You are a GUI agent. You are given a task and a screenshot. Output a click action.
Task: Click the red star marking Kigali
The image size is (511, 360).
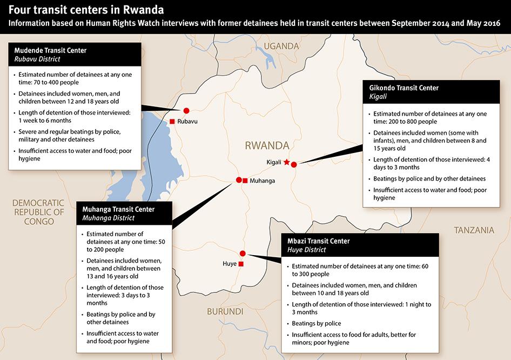286,162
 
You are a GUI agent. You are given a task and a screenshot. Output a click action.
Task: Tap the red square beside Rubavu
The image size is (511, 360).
172,121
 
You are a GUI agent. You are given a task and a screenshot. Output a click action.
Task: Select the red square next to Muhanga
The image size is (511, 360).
245,181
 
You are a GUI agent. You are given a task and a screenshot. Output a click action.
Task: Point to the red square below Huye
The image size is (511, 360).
241,264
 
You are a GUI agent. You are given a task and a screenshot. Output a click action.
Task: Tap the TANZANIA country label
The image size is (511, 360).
474,230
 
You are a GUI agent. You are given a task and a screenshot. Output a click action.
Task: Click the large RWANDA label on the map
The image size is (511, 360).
267,145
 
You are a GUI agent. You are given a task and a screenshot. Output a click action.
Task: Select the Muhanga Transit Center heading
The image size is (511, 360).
118,209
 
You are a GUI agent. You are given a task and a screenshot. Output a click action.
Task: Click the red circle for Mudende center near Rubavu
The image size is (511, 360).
187,110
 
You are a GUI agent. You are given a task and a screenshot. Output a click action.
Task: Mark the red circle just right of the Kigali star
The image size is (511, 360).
294,165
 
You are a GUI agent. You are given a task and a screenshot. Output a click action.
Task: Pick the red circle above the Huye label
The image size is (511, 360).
243,254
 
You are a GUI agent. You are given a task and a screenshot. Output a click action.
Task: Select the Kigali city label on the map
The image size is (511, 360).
275,162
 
